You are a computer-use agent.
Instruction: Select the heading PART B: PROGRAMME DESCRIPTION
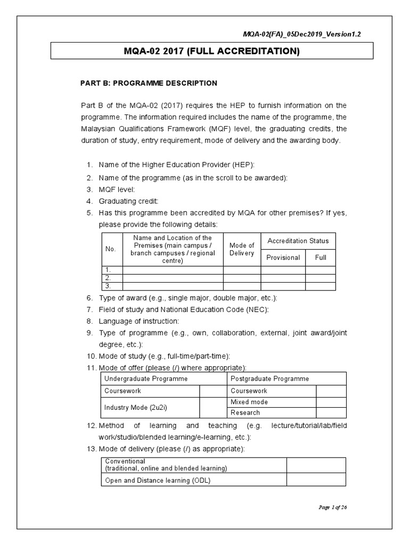(x=148, y=83)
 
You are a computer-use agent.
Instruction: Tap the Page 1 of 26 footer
(x=332, y=507)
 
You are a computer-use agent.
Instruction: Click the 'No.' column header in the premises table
(x=111, y=249)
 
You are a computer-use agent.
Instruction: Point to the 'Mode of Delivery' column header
(x=242, y=249)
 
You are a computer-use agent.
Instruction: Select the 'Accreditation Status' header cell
(x=298, y=241)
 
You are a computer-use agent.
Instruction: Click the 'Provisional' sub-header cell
(x=283, y=258)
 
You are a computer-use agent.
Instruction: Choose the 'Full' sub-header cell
(x=320, y=258)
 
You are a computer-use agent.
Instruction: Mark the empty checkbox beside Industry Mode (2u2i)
(x=213, y=407)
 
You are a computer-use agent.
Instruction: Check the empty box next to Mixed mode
(x=331, y=402)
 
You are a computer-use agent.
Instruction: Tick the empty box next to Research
(x=331, y=412)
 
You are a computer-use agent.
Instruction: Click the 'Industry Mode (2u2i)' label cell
(x=150, y=407)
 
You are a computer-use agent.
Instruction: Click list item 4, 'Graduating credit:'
(x=128, y=201)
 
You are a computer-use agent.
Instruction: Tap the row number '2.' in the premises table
(x=111, y=278)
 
